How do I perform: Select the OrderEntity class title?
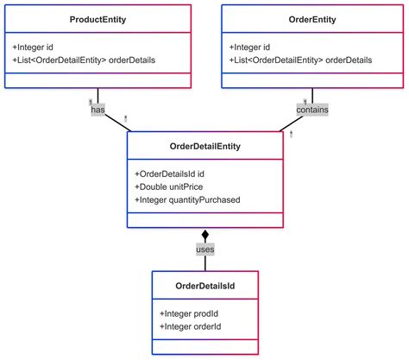312,20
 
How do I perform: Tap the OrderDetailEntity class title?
205,147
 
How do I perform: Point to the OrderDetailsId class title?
205,286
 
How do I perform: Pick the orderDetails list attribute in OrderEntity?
300,60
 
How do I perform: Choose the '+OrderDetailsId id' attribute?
171,173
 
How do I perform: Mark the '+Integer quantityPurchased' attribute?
187,200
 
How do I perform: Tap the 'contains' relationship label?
312,110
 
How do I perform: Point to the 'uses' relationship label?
205,249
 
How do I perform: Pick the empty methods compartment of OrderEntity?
312,80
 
